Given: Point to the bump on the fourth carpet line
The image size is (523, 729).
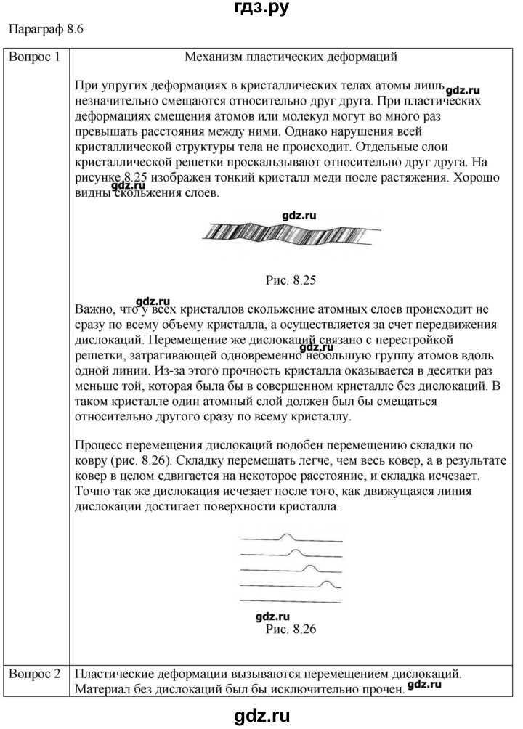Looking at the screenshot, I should (328, 583).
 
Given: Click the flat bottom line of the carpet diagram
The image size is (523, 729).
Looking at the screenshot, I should (291, 600).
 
